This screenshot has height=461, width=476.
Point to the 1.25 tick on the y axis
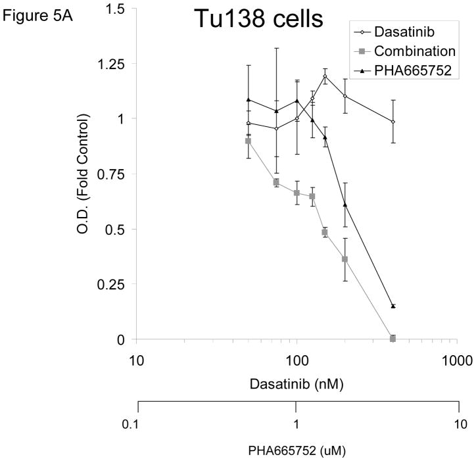[110, 63]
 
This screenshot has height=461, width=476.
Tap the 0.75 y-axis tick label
[110, 174]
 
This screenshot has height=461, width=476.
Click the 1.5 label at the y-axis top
[114, 8]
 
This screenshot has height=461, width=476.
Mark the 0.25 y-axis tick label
[110, 284]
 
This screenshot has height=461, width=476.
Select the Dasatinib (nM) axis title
[296, 382]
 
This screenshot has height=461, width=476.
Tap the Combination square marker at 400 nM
[393, 338]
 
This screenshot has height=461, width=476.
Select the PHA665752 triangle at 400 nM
[393, 306]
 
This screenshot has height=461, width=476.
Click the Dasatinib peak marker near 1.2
[325, 76]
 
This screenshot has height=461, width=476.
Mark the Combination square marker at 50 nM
[248, 141]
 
